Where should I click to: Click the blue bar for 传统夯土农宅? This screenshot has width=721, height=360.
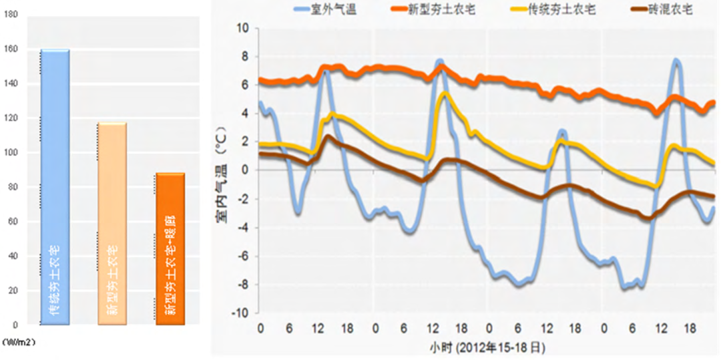pos(55,187)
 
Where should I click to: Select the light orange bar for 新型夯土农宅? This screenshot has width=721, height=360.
pos(112,224)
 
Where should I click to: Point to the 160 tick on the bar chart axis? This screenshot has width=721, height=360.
pos(11,49)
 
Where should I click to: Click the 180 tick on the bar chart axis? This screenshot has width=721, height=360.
pos(11,14)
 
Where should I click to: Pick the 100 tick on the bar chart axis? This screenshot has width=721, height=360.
pos(11,153)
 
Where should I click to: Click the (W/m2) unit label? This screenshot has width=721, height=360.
pos(18,342)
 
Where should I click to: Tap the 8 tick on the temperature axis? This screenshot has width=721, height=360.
pos(243,57)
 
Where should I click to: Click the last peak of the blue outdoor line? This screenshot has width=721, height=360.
pos(677,61)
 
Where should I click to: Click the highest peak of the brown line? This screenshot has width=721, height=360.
pos(328,137)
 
